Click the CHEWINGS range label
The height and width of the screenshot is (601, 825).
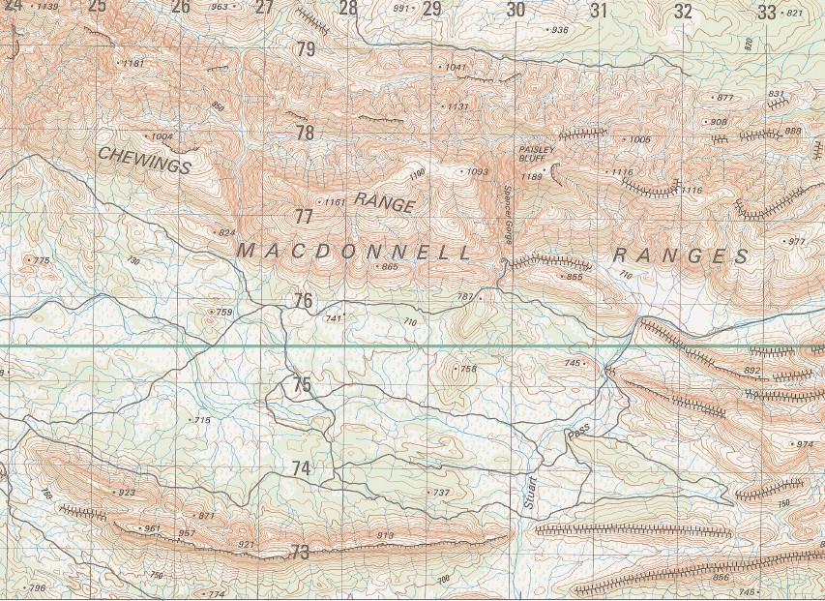[144, 160]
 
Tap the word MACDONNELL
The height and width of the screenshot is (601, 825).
[355, 253]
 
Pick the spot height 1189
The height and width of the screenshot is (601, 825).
[531, 177]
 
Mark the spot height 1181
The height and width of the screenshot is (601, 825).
[133, 64]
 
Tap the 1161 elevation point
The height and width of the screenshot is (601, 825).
[334, 202]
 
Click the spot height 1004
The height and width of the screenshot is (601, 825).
[161, 136]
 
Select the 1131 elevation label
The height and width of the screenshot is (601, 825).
[457, 106]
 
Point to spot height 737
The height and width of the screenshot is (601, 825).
[441, 493]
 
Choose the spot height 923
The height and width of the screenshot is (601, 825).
[127, 493]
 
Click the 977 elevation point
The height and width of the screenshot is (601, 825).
[796, 241]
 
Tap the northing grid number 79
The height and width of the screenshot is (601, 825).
[306, 48]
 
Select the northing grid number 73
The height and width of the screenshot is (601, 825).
[300, 553]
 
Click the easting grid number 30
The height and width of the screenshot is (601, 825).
[516, 11]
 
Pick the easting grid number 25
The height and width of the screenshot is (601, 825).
[97, 7]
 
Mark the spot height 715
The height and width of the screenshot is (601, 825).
[202, 420]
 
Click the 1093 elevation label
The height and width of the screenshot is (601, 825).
[477, 172]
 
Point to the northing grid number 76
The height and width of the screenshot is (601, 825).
[304, 301]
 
